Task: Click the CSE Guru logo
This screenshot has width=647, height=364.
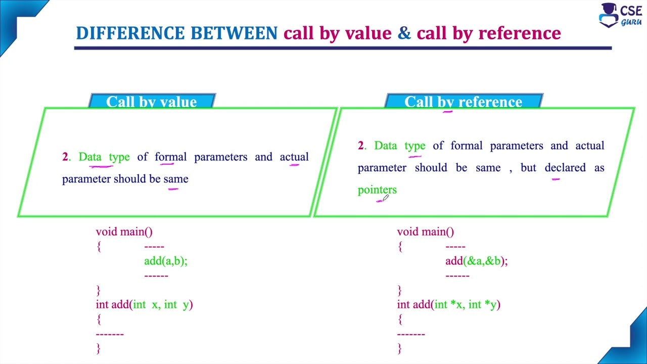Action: pyautogui.click(x=620, y=15)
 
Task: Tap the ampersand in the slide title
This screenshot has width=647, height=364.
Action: pyautogui.click(x=404, y=33)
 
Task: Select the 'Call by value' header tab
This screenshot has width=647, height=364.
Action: pyautogui.click(x=152, y=101)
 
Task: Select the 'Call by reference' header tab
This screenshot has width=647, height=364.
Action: pyautogui.click(x=463, y=101)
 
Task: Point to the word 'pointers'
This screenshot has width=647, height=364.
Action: pyautogui.click(x=377, y=190)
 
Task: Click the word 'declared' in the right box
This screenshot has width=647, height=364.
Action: pyautogui.click(x=565, y=167)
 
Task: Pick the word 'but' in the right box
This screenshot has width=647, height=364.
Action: pyautogui.click(x=528, y=167)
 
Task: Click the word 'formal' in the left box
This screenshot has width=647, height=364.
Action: pyautogui.click(x=170, y=157)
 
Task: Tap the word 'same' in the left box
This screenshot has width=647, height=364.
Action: pyautogui.click(x=175, y=179)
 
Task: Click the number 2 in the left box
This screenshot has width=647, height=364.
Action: pyautogui.click(x=65, y=157)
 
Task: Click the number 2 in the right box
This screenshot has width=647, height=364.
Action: pyautogui.click(x=360, y=146)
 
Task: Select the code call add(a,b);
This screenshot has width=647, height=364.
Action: pyautogui.click(x=165, y=261)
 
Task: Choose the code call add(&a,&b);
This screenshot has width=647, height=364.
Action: pyautogui.click(x=476, y=261)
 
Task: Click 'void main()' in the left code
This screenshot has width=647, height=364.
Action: pyautogui.click(x=124, y=232)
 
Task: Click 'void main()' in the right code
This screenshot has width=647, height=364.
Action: pyautogui.click(x=425, y=232)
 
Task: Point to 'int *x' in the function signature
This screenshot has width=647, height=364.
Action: pyautogui.click(x=448, y=304)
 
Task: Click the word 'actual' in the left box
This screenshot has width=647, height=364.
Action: pyautogui.click(x=294, y=157)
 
